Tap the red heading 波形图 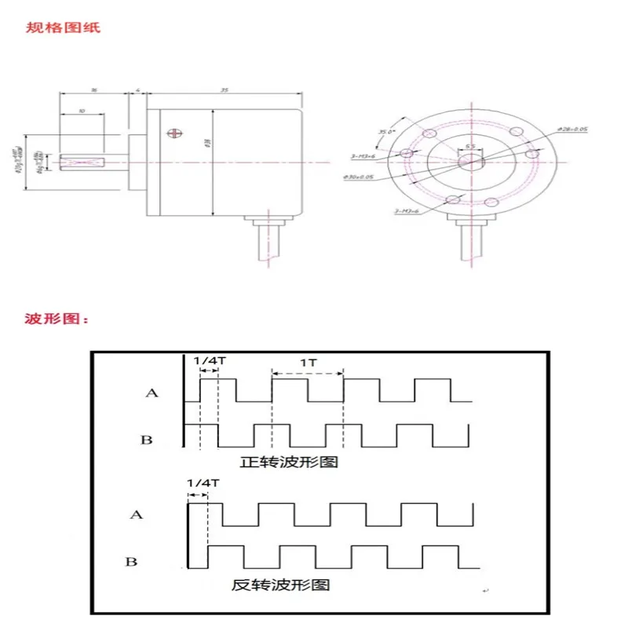(59, 319)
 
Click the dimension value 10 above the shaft (81, 113)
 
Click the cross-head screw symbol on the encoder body (172, 134)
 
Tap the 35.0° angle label (385, 132)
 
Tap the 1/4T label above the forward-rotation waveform (207, 360)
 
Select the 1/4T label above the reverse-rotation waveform (199, 484)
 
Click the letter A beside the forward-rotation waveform (152, 391)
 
